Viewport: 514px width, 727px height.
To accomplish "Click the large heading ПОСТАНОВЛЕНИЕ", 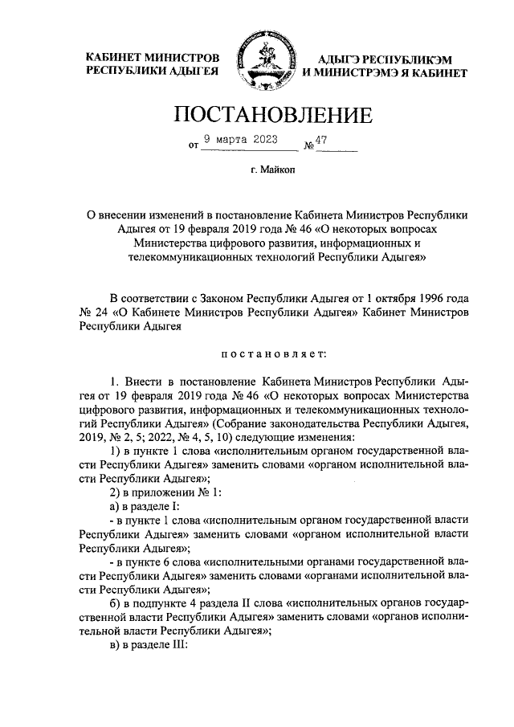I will [273, 115].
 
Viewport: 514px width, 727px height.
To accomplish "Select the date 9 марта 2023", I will [239, 139].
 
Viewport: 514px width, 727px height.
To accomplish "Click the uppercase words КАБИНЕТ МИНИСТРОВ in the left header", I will [152, 59].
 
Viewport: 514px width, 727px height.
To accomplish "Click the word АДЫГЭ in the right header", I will [340, 59].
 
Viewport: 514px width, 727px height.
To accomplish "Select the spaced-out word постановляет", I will [274, 350].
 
